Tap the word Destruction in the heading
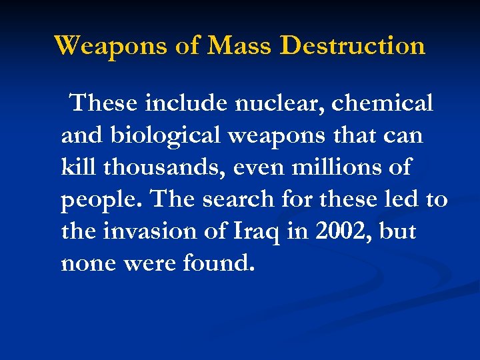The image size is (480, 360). coord(353,46)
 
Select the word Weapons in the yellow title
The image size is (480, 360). coord(111,46)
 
